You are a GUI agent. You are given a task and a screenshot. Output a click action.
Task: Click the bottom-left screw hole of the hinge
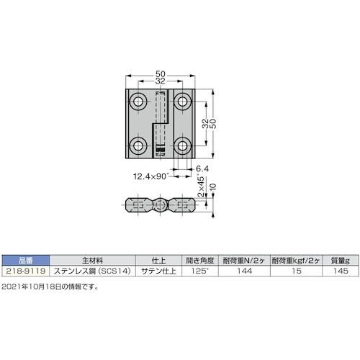tap(139, 148)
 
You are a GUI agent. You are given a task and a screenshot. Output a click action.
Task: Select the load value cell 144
tap(247, 271)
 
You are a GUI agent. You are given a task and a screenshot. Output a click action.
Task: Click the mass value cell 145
tap(341, 271)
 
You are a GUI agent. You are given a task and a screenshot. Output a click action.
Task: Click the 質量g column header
tap(341, 261)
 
